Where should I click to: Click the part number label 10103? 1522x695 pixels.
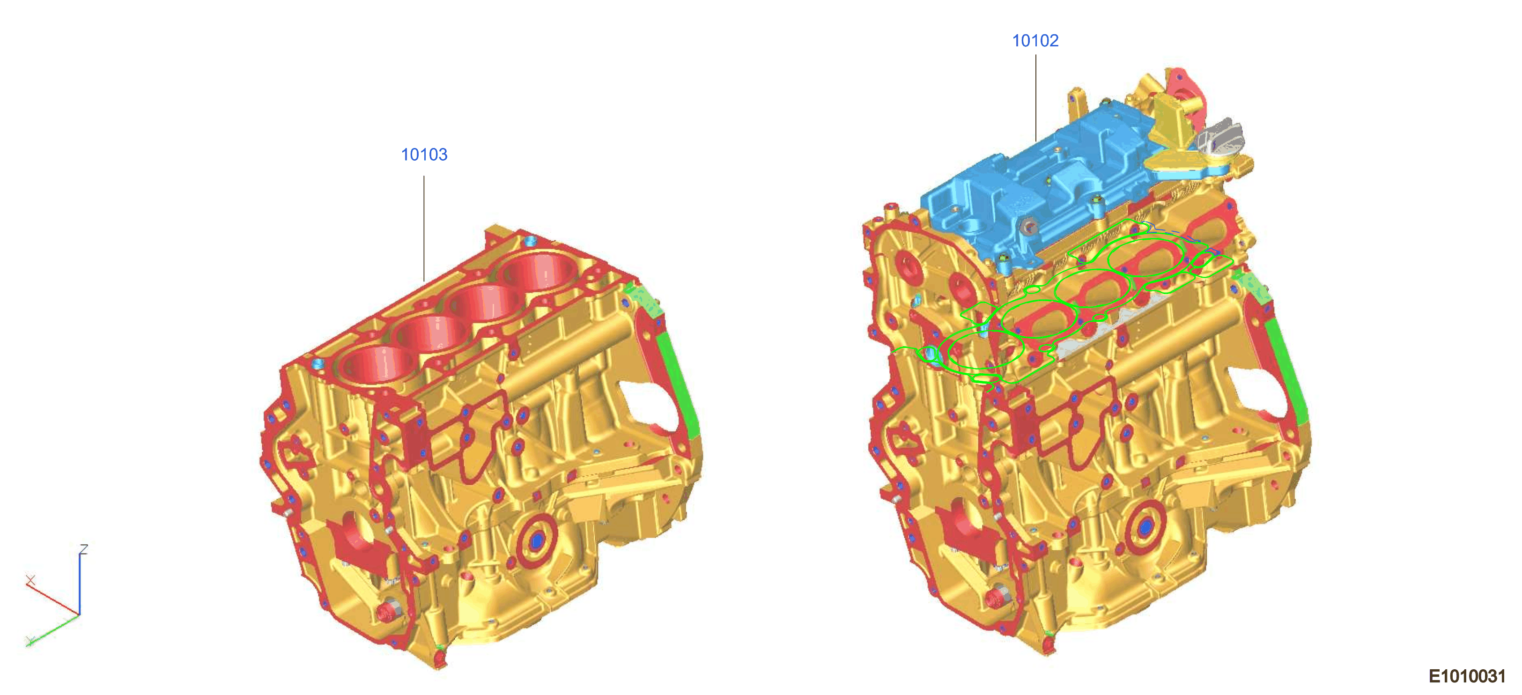(x=424, y=155)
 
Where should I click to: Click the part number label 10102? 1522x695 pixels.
(x=1035, y=41)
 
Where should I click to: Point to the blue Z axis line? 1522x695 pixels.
(x=79, y=584)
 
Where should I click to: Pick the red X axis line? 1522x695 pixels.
(x=53, y=598)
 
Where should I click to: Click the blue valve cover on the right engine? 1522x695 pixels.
(x=1040, y=189)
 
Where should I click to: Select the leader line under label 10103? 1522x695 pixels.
(x=424, y=228)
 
